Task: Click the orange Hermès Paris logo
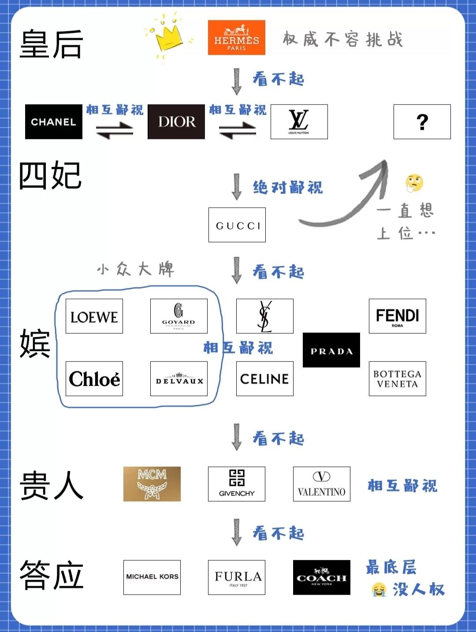pyautogui.click(x=236, y=37)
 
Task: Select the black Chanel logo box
pyautogui.click(x=54, y=122)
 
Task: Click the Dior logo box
pyautogui.click(x=176, y=122)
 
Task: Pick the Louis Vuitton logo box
pyautogui.click(x=299, y=122)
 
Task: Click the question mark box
pyautogui.click(x=422, y=122)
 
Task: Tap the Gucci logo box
pyautogui.click(x=237, y=225)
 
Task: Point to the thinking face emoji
pyautogui.click(x=414, y=183)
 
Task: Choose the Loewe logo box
pyautogui.click(x=94, y=316)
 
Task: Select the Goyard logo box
pyautogui.click(x=178, y=316)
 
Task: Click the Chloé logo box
pyautogui.click(x=94, y=379)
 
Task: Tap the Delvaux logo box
pyautogui.click(x=178, y=379)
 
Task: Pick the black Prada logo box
pyautogui.click(x=331, y=350)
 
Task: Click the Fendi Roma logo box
pyautogui.click(x=397, y=316)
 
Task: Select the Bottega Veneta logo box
pyautogui.click(x=397, y=379)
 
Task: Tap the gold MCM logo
pyautogui.click(x=152, y=484)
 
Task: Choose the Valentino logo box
pyautogui.click(x=322, y=484)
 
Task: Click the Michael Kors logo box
pyautogui.click(x=152, y=577)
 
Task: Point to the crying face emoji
pyautogui.click(x=379, y=589)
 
